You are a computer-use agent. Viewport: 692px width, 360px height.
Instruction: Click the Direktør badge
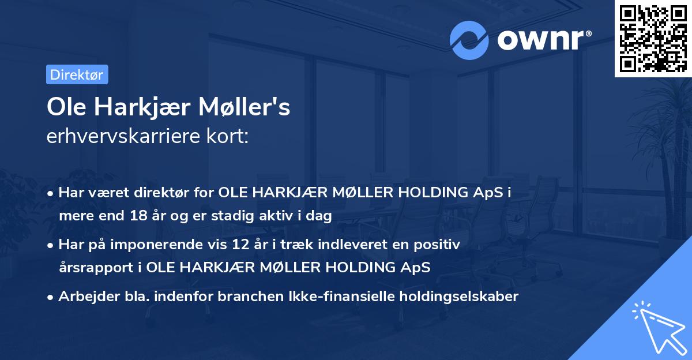pyautogui.click(x=77, y=74)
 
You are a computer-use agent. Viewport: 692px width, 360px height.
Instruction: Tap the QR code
pyautogui.click(x=653, y=38)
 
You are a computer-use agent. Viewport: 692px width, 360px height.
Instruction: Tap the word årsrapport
pyautogui.click(x=94, y=268)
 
